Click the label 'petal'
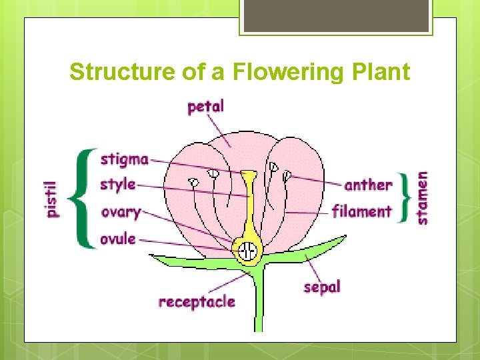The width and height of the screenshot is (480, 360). tap(205, 107)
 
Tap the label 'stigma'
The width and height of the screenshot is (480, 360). tap(124, 159)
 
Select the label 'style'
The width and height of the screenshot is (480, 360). tap(117, 185)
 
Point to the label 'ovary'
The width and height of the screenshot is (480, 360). tap(120, 213)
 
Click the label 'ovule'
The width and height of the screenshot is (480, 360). tap(117, 238)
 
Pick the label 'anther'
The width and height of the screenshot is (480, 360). tap(368, 185)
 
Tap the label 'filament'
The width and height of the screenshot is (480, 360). tap(361, 212)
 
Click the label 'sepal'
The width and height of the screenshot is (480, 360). tap(322, 287)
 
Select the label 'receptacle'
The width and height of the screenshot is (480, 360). tap(197, 302)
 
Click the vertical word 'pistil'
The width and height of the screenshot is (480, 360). tap(51, 199)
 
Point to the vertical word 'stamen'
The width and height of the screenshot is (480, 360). tap(422, 197)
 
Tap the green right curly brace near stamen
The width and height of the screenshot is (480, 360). tap(404, 198)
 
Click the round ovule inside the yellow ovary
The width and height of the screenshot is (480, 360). tap(248, 252)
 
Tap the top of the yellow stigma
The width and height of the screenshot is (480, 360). tap(249, 175)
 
